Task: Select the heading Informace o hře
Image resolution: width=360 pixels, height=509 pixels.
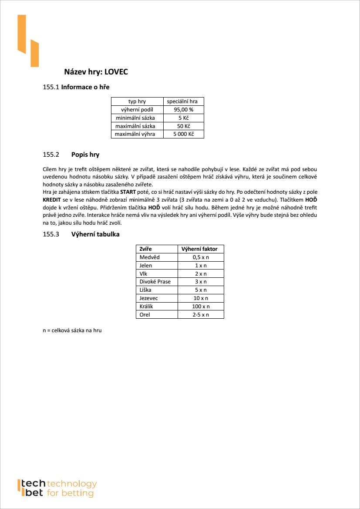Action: coord(85,87)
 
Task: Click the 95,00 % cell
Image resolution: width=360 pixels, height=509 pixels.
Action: coord(183,110)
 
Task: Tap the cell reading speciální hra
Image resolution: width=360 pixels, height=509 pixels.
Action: coord(183,101)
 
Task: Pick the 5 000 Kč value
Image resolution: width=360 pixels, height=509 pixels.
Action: coord(183,134)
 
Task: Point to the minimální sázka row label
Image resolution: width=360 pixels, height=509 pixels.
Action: coord(137,118)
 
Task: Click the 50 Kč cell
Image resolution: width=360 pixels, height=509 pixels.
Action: coord(183,126)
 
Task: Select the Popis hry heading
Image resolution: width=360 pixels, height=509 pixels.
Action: coord(85,155)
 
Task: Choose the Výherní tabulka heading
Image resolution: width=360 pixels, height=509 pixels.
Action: coord(95,234)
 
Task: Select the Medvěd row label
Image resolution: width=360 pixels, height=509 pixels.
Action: coord(150,257)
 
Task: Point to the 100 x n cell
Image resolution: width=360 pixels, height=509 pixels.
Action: coord(201,307)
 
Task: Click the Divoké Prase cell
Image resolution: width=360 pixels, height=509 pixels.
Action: coord(155,282)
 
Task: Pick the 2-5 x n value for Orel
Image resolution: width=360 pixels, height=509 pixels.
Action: coord(201,314)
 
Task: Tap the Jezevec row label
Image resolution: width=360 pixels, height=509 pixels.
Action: coord(149,298)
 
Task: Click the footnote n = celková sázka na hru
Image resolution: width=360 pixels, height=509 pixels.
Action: coord(72,331)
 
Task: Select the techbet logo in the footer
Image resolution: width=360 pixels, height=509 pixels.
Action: coord(57,489)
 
